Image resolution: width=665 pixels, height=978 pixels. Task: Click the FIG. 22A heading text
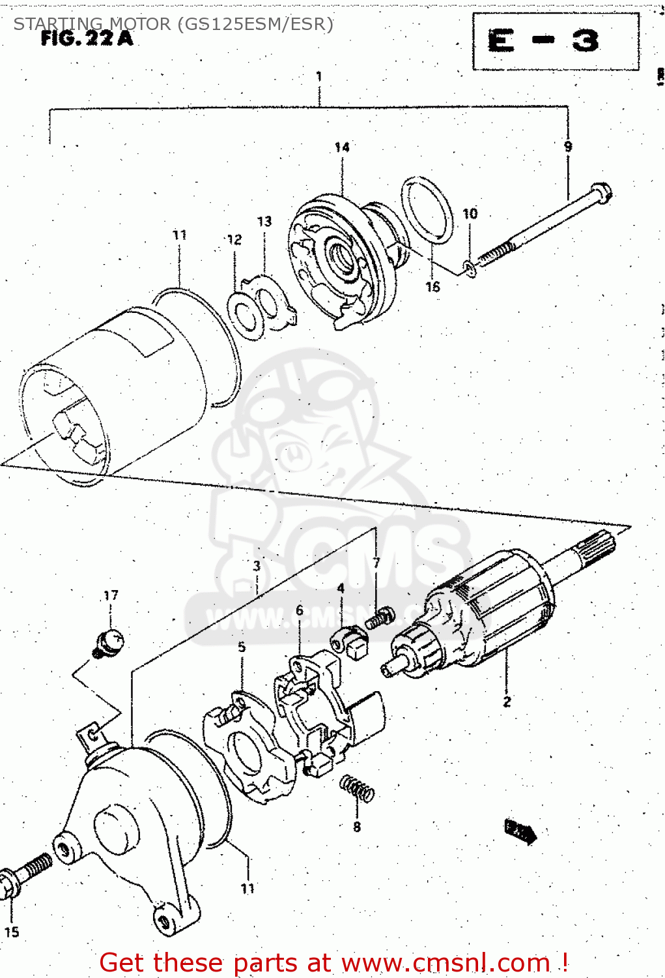click(x=87, y=38)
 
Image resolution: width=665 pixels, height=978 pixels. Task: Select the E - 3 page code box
click(x=555, y=41)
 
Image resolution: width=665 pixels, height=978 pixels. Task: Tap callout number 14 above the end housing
click(x=342, y=147)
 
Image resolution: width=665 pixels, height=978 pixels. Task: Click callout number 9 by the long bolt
click(x=568, y=146)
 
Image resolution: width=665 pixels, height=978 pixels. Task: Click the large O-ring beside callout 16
click(x=427, y=210)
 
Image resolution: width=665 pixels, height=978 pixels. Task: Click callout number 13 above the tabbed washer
click(x=264, y=222)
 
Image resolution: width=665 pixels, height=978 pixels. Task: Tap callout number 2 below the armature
click(x=507, y=702)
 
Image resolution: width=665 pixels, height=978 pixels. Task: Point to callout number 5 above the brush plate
click(x=242, y=647)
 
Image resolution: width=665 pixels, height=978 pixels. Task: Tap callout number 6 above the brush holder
click(x=300, y=610)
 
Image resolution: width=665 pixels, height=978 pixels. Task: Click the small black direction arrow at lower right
click(x=520, y=831)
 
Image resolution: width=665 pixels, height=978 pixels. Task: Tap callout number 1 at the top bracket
click(x=319, y=76)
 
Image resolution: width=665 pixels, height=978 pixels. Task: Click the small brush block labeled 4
click(x=352, y=641)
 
